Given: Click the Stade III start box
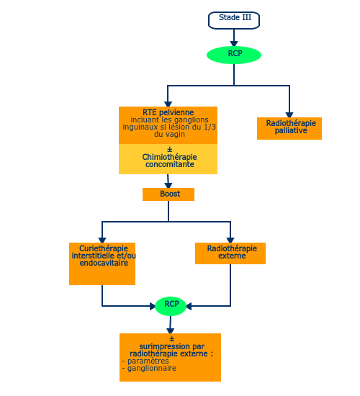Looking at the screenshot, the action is (234, 20).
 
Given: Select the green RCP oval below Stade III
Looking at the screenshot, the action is (234, 55).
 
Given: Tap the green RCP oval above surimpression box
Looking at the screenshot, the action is (171, 306).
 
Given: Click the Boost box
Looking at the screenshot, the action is (168, 194).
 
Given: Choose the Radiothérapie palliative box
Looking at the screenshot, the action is (289, 128).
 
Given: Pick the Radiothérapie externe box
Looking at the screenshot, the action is (230, 253).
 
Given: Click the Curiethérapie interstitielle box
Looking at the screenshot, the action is (102, 264).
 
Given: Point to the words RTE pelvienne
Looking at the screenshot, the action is (168, 112).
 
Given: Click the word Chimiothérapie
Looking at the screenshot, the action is (169, 157).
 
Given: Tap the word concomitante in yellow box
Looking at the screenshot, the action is (170, 164).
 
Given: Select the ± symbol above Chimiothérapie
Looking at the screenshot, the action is (170, 150).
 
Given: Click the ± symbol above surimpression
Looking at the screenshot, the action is (172, 338).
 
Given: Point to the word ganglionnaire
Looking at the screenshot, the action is (152, 368).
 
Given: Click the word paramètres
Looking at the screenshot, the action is (148, 361).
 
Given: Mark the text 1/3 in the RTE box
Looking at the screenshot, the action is (210, 127).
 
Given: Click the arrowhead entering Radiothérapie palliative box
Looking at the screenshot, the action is (289, 114).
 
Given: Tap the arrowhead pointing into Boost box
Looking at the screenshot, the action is (168, 185).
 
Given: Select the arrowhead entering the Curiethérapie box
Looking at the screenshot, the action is (102, 240).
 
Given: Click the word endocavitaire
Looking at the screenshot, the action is (104, 263).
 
